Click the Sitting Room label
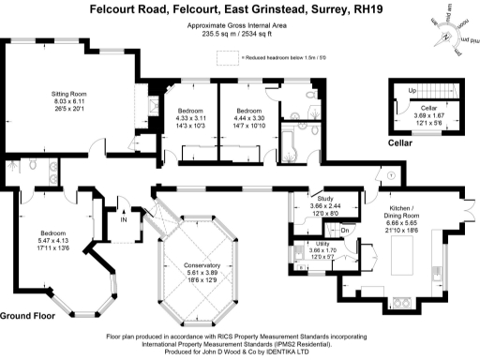(x=67, y=94)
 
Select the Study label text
(x=325, y=199)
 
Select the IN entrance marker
(x=123, y=221)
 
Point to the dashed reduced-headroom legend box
(x=226, y=57)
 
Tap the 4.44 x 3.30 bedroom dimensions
(x=248, y=118)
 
